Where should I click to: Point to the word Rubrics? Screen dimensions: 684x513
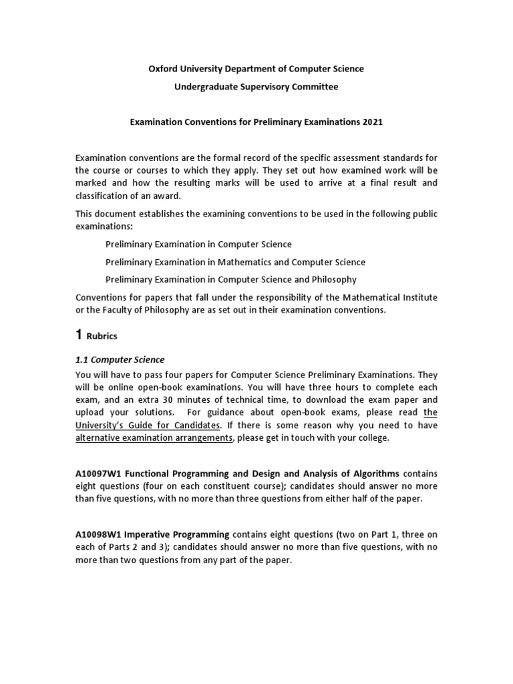pyautogui.click(x=103, y=337)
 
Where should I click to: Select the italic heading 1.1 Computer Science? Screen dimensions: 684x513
pyautogui.click(x=120, y=359)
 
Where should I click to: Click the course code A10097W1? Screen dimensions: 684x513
pyautogui.click(x=98, y=474)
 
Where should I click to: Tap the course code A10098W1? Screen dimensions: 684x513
pyautogui.click(x=98, y=535)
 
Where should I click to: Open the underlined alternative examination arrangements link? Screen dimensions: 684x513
pyautogui.click(x=154, y=438)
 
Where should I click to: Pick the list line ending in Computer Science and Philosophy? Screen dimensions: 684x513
pyautogui.click(x=230, y=279)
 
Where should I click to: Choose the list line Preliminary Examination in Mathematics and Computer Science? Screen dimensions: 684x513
pyautogui.click(x=235, y=262)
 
